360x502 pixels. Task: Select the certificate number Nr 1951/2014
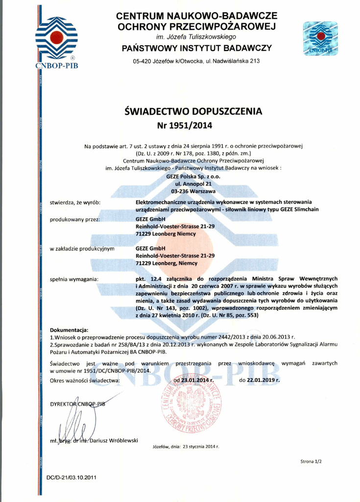pyautogui.click(x=185, y=125)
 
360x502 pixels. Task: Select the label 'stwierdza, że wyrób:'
pyautogui.click(x=75, y=202)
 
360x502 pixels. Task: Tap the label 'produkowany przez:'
pyautogui.click(x=75, y=219)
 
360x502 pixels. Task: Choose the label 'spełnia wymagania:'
pyautogui.click(x=74, y=278)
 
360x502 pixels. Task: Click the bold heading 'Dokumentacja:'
pyautogui.click(x=69, y=330)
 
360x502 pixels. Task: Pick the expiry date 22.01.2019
pyautogui.click(x=264, y=380)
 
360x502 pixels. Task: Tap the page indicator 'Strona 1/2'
pyautogui.click(x=311, y=461)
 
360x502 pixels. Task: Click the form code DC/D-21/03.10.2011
pyautogui.click(x=72, y=477)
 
